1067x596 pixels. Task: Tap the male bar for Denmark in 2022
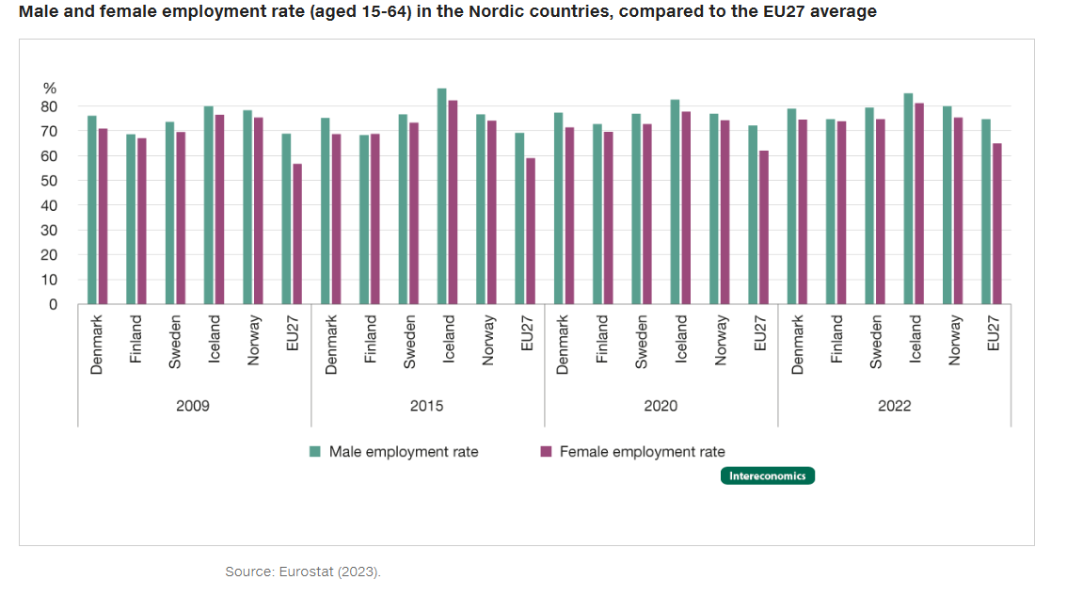coord(791,206)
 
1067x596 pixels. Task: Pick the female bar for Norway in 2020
coord(725,212)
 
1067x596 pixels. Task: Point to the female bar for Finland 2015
coord(375,218)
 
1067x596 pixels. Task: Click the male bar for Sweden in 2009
coord(169,213)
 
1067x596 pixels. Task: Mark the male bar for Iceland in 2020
coord(675,201)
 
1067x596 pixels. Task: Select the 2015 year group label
coord(426,407)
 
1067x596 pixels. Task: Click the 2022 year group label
coord(894,407)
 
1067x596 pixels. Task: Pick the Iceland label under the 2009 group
coord(214,340)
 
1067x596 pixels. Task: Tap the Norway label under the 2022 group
coord(955,341)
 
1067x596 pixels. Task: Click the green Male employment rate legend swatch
coord(316,452)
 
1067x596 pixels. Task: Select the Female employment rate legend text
coord(642,452)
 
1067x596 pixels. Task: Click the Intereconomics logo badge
coord(768,475)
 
